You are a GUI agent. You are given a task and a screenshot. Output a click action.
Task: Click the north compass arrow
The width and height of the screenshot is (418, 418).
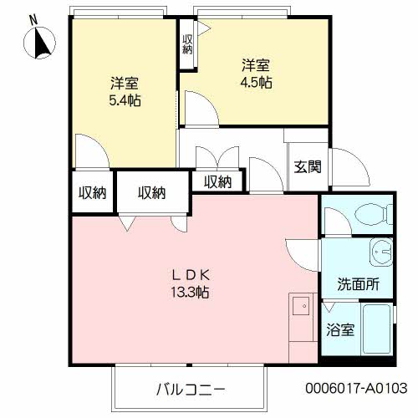41,43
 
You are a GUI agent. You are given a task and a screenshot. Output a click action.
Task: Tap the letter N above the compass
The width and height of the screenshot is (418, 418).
32,18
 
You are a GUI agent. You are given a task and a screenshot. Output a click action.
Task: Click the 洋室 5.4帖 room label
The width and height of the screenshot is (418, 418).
124,92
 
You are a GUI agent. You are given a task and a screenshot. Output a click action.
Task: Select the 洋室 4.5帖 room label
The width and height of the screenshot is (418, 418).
255,73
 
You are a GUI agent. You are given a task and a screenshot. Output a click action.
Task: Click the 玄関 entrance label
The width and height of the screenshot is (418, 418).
307,166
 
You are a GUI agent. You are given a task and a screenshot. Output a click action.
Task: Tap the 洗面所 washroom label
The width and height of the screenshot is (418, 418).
359,283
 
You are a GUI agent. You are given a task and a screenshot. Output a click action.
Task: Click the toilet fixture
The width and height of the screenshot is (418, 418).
373,216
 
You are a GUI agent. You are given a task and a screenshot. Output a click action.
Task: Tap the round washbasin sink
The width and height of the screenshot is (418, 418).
381,250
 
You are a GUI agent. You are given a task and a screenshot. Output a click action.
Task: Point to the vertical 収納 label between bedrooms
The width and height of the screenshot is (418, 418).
187,43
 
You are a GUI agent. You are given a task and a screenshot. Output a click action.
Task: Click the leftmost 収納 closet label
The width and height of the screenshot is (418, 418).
92,193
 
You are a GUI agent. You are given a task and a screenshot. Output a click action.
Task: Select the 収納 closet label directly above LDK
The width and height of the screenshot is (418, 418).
151,193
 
